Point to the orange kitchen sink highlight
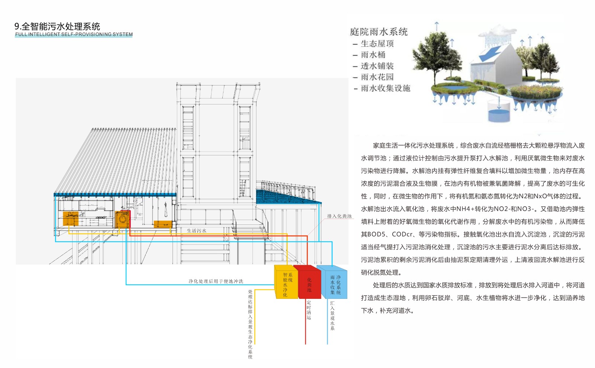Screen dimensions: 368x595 coord(70,219)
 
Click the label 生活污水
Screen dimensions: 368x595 coord(196,231)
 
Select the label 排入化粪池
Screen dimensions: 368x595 coord(339,216)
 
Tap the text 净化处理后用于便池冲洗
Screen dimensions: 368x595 coord(216,281)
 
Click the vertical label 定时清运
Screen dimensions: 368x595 coord(309,310)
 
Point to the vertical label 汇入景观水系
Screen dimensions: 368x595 coord(332,316)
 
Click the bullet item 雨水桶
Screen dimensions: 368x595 coord(373,55)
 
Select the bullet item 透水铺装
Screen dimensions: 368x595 coord(377,66)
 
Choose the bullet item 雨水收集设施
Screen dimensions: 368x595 coord(385,88)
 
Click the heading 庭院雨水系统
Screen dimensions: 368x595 coord(379,32)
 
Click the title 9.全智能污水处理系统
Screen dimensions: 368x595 coord(57,26)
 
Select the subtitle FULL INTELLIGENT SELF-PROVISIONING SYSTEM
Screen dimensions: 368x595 coord(74,34)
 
